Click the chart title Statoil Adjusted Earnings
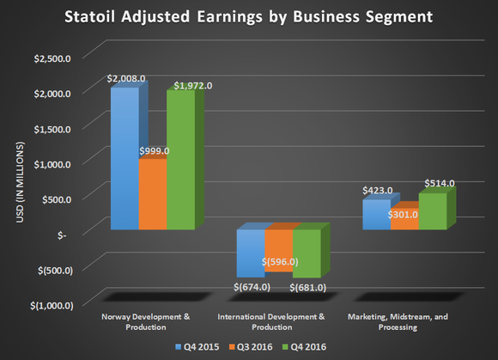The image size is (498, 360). coord(249,16)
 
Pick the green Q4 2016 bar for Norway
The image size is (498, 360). coord(179,163)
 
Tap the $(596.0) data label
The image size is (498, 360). coord(280,262)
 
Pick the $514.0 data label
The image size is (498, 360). coord(440,184)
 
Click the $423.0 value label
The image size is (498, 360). coord(377,192)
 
